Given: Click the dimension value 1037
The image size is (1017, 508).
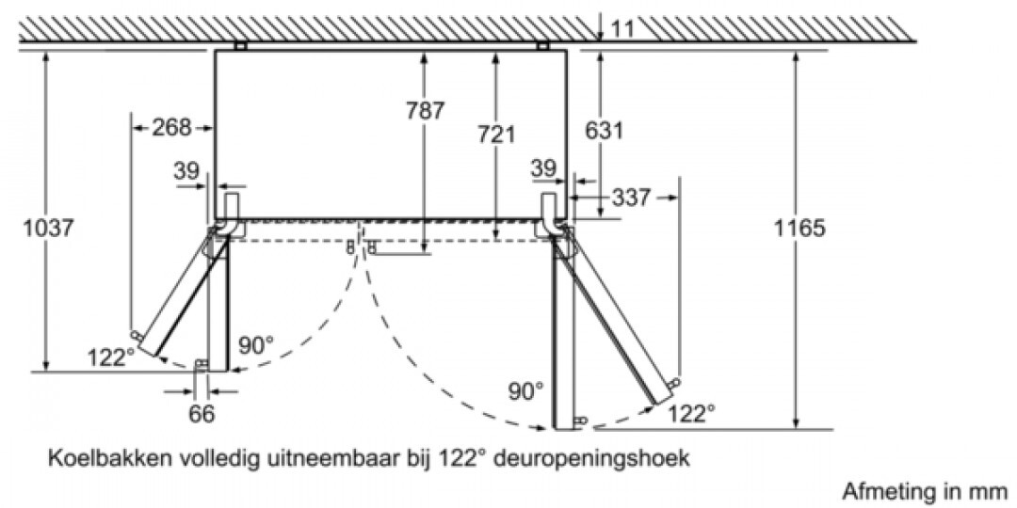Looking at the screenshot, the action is click(x=49, y=228).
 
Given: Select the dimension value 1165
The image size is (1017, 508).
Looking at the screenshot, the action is click(x=799, y=228).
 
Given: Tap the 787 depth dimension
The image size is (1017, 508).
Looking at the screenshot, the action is click(x=426, y=111).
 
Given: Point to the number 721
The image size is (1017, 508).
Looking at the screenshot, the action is click(x=496, y=135).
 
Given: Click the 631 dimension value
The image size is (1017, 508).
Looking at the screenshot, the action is click(x=604, y=130).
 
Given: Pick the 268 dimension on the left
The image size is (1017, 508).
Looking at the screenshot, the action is click(x=172, y=127).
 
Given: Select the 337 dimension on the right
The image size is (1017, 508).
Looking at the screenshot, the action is click(x=629, y=198).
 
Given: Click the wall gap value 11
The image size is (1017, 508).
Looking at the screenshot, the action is click(x=621, y=29).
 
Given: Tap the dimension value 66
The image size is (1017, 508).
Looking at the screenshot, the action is click(x=202, y=414).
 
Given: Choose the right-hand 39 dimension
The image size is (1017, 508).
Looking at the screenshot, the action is click(x=543, y=168).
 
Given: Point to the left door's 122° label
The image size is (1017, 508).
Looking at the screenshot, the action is click(x=111, y=357).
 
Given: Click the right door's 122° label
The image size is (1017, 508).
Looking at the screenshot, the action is click(x=692, y=413).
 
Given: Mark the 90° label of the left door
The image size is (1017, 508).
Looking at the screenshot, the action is click(x=256, y=344).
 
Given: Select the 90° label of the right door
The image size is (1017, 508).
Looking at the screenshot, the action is click(x=526, y=391).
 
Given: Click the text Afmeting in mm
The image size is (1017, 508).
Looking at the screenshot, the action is click(x=925, y=489).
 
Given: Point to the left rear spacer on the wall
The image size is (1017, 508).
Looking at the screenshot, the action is click(x=241, y=46).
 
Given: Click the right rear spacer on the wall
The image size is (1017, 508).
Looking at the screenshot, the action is click(x=543, y=46).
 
